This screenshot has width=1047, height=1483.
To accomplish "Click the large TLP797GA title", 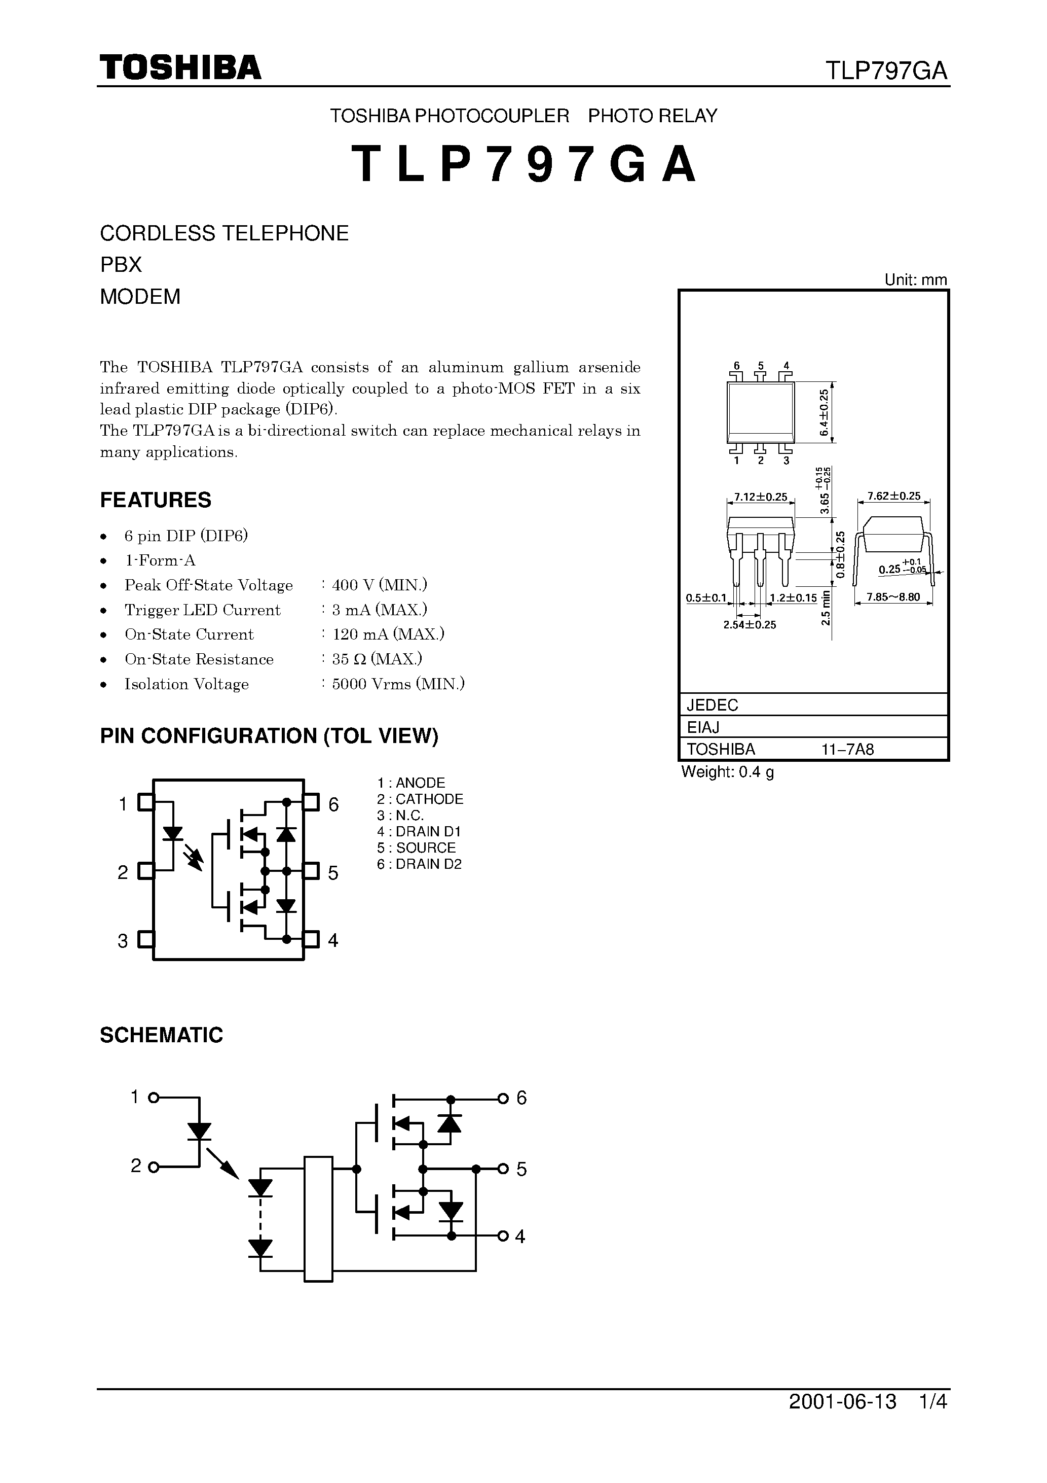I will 524,164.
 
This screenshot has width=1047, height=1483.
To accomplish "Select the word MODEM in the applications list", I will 140,297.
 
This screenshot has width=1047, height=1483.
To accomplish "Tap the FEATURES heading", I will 156,500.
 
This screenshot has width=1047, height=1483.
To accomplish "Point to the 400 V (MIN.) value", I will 380,585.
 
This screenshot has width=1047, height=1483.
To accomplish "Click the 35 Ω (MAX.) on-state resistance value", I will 377,659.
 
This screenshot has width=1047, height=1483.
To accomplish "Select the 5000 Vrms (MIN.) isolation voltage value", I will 398,684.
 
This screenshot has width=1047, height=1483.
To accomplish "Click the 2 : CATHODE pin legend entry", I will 420,799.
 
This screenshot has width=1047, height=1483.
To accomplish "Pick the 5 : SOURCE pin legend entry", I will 417,848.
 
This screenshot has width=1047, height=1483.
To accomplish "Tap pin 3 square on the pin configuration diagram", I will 146,939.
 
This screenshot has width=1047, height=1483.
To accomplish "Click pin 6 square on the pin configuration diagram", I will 312,803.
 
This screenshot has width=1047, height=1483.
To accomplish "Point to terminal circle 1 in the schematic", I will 154,1098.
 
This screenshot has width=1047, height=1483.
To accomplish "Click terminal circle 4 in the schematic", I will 503,1237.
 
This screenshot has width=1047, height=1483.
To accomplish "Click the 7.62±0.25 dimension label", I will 894,496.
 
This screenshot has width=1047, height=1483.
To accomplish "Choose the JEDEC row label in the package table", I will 713,704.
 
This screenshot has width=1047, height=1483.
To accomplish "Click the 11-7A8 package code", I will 847,749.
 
